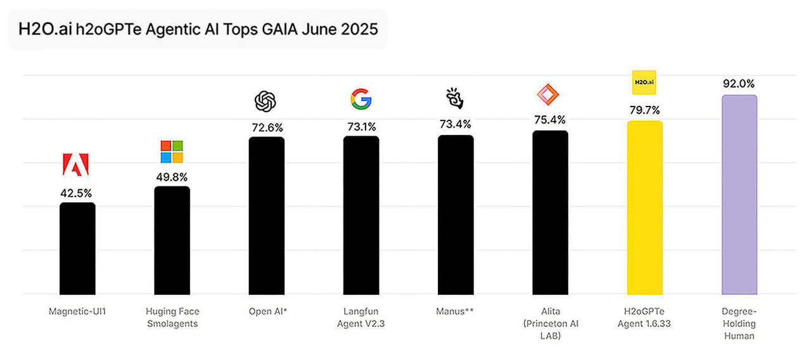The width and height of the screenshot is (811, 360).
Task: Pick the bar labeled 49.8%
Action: click(x=172, y=240)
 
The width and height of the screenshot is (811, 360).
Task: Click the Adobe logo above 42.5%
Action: click(x=76, y=165)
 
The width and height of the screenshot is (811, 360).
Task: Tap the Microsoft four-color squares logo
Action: click(x=172, y=152)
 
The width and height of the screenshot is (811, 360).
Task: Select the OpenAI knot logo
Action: click(x=265, y=101)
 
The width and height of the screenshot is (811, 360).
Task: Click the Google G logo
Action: click(x=361, y=100)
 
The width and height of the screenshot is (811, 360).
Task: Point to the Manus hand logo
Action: click(x=455, y=98)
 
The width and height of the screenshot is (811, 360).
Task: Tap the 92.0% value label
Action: click(x=739, y=84)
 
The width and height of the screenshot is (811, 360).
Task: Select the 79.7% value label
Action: click(x=644, y=110)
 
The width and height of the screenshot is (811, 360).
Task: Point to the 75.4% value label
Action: click(x=549, y=120)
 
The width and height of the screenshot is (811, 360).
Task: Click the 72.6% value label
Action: click(x=266, y=127)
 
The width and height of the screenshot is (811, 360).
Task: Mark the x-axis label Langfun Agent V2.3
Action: click(x=361, y=317)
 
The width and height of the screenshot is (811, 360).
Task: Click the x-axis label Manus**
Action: click(x=455, y=311)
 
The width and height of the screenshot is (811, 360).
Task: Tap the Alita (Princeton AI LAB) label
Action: click(x=549, y=323)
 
